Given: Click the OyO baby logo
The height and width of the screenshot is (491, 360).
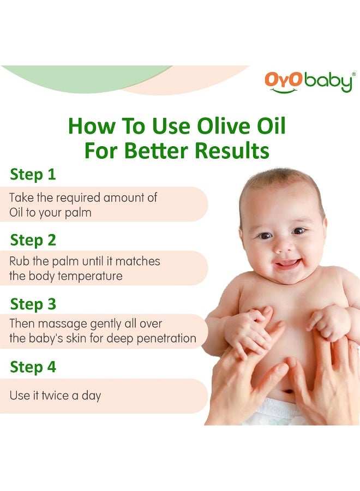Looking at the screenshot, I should coord(308,81).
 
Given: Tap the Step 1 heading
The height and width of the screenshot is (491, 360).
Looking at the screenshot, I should coord(33,175).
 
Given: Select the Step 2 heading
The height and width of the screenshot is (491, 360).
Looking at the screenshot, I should coord(33,239).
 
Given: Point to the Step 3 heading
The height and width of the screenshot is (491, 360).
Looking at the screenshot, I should coord(33,303).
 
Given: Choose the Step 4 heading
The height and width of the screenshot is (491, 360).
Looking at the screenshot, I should coord(33,367).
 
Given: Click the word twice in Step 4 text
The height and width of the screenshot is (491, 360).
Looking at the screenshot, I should coord(56,396).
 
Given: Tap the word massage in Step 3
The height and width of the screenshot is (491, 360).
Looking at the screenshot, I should coord(58,324).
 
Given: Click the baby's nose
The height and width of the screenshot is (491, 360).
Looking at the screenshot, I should coord(283,245).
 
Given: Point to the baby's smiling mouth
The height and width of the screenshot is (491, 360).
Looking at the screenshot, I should coord(288,265).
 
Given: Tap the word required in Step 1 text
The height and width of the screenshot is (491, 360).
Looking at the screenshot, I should coord(76,197).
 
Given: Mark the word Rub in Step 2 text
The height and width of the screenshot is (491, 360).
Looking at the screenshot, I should coord(20,261).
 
